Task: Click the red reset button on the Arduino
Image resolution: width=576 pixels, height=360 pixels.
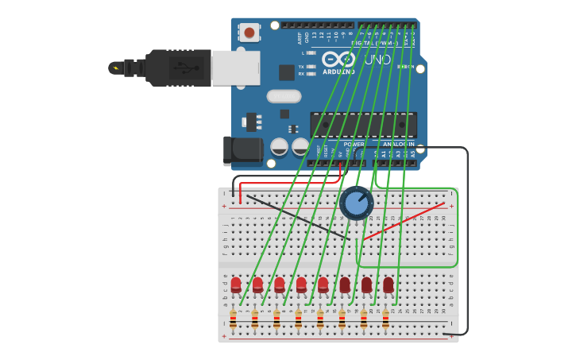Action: click(249, 33)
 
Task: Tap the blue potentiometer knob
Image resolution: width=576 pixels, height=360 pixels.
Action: click(357, 203)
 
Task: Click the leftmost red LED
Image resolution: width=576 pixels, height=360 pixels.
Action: click(236, 285)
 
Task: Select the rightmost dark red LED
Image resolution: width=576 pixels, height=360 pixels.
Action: click(388, 285)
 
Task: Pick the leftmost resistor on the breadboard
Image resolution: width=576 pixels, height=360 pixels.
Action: click(233, 319)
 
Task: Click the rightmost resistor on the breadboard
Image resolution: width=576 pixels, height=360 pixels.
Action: click(385, 319)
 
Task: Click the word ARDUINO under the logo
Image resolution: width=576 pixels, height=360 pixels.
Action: click(338, 72)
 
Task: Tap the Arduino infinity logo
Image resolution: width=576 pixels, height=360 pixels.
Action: click(338, 59)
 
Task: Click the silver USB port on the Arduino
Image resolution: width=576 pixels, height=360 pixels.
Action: click(236, 68)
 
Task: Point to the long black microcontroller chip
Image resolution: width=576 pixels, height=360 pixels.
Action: click(363, 125)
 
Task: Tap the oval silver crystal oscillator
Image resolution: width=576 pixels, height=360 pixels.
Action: click(284, 96)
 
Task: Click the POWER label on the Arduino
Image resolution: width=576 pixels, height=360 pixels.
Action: click(354, 144)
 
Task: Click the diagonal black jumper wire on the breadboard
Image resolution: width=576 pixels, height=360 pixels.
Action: click(298, 216)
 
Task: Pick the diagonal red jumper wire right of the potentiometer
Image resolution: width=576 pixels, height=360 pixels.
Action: click(404, 221)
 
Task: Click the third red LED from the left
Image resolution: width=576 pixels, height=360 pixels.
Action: click(280, 285)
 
